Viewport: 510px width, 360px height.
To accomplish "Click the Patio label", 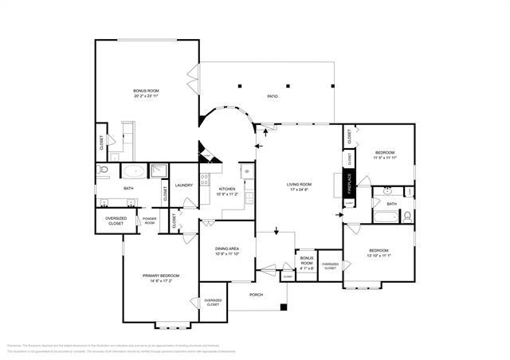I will coord(272,96).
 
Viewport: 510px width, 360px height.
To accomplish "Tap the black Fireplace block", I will coord(348,184).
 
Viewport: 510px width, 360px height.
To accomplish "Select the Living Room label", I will coord(300,185).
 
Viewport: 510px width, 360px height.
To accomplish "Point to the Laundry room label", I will coord(185,185).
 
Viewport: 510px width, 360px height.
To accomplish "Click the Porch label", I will coord(256,295).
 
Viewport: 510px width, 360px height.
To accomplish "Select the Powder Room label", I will coord(150,220).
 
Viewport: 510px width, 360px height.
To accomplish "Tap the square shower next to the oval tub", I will coord(158,170).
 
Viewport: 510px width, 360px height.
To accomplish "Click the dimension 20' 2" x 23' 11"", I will coord(146,96).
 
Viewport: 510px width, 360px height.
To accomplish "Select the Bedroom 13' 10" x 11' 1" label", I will coord(378,253).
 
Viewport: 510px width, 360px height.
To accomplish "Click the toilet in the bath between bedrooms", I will coord(406,216).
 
